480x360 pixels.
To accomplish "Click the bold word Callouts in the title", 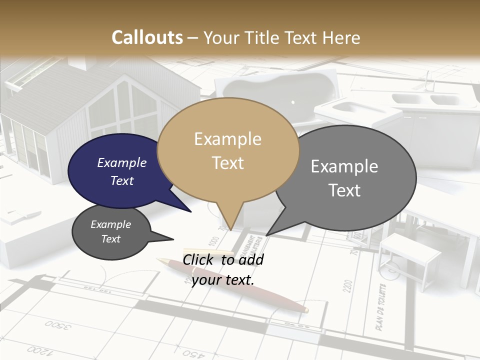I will tap(147, 37).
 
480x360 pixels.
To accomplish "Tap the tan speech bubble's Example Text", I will tap(228, 151).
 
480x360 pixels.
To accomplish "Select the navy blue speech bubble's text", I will tap(121, 171).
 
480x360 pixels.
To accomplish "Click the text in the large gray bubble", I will tap(344, 178).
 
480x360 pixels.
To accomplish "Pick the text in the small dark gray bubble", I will tap(110, 231).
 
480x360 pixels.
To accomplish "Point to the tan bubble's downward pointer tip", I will tap(230, 228).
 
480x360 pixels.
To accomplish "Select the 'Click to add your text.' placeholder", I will tap(223, 269).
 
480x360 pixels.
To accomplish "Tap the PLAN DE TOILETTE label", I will tap(380, 307).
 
